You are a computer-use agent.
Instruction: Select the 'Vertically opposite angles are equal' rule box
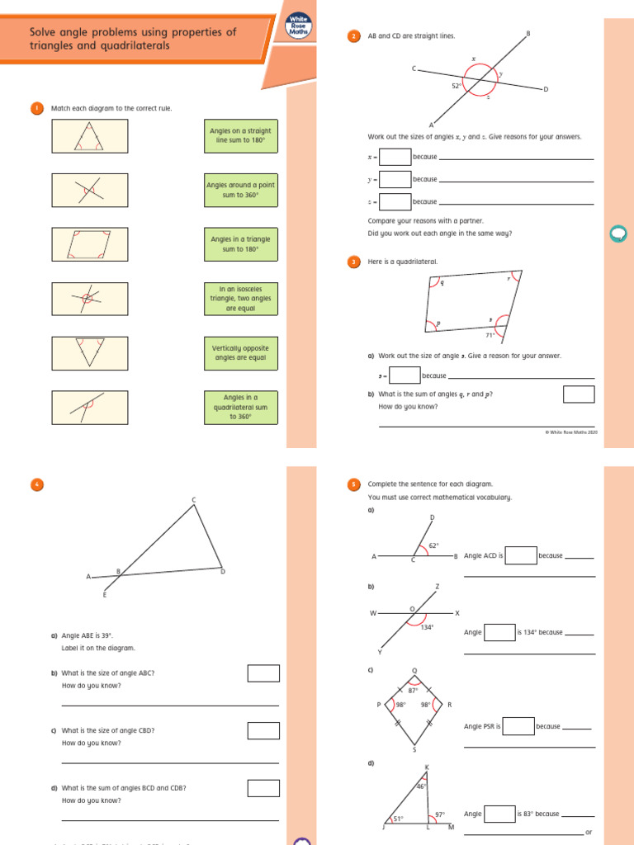(240, 353)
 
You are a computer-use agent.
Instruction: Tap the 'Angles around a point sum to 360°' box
(240, 190)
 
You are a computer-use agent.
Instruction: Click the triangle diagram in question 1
(89, 135)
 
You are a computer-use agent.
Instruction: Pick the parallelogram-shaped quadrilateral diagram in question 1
(89, 244)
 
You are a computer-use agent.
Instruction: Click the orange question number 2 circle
(354, 35)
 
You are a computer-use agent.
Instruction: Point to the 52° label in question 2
(456, 85)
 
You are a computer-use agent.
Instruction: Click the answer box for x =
(395, 157)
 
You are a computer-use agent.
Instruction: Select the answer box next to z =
(395, 201)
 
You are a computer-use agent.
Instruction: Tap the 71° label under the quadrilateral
(490, 336)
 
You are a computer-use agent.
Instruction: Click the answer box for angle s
(405, 375)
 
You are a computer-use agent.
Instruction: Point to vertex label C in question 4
(194, 499)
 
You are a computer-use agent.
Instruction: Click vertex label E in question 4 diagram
(105, 594)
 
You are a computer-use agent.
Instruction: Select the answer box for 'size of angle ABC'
(263, 673)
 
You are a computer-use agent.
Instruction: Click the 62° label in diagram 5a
(433, 545)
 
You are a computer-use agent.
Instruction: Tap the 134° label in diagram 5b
(427, 627)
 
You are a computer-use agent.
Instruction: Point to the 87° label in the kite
(414, 690)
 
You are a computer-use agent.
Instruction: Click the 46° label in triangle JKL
(420, 786)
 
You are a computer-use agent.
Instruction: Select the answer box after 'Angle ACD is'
(521, 555)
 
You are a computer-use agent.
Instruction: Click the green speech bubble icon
(617, 234)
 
